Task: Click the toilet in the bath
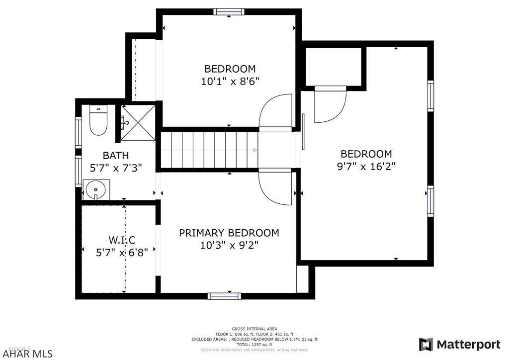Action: click(98, 121)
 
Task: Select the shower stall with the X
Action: click(139, 122)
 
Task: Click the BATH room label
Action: click(116, 156)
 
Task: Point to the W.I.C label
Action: click(122, 240)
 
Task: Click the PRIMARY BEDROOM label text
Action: click(229, 233)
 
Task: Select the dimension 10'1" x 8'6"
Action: click(230, 81)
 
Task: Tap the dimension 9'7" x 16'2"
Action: click(366, 166)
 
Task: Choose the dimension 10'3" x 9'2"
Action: click(229, 245)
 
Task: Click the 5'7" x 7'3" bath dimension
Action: click(116, 168)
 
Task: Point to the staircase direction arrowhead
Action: click(255, 150)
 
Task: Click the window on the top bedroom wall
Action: click(229, 11)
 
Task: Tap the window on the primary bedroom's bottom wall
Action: click(224, 296)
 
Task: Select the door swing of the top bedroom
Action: click(275, 112)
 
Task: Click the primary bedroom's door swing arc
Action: click(275, 187)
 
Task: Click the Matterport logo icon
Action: click(425, 345)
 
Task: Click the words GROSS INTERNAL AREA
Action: click(254, 329)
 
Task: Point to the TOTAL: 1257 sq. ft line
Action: click(254, 344)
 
